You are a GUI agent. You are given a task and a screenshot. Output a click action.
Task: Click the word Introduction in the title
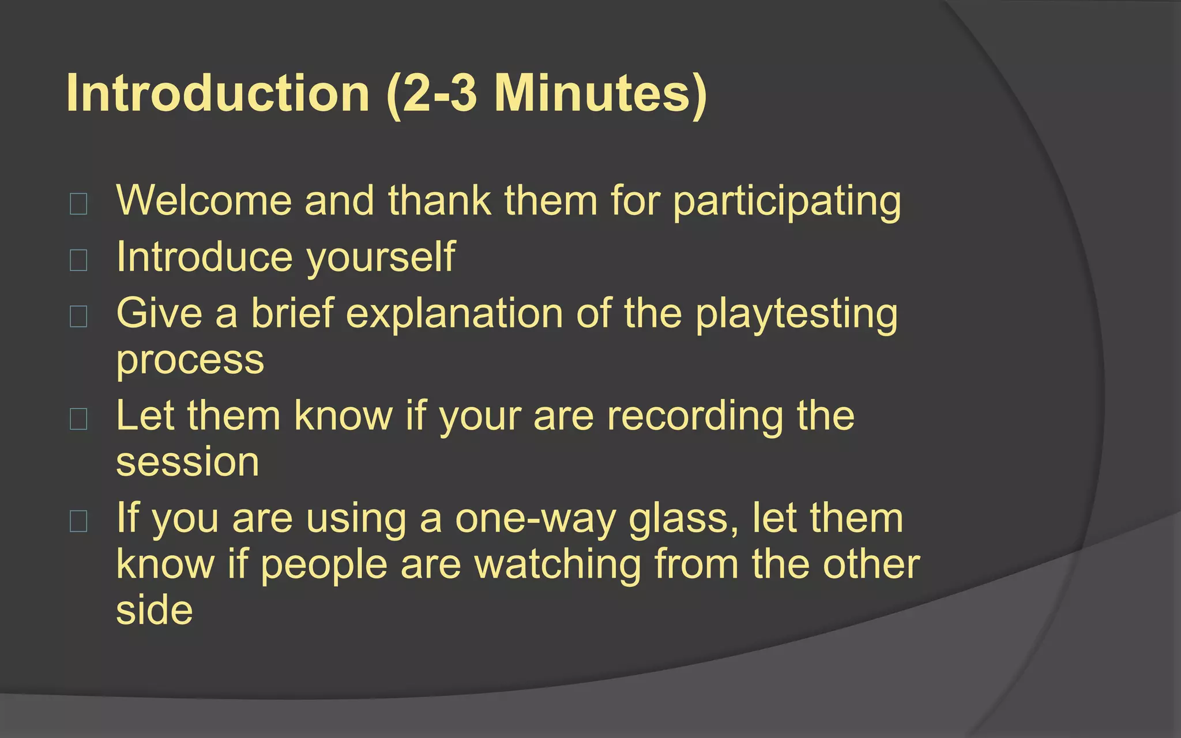point(217,93)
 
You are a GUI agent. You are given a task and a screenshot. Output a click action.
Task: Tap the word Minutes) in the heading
point(600,93)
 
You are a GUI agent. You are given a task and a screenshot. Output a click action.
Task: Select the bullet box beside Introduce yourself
point(78,260)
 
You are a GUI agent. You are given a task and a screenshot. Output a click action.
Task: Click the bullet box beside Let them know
point(78,419)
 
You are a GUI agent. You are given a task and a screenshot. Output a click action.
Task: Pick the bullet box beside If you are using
point(78,521)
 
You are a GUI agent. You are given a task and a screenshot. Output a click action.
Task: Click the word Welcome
point(204,201)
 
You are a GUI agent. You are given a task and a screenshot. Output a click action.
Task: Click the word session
point(187,462)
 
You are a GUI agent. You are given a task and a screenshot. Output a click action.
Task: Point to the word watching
point(557,564)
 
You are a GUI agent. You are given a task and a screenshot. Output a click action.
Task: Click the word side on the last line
point(154,610)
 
